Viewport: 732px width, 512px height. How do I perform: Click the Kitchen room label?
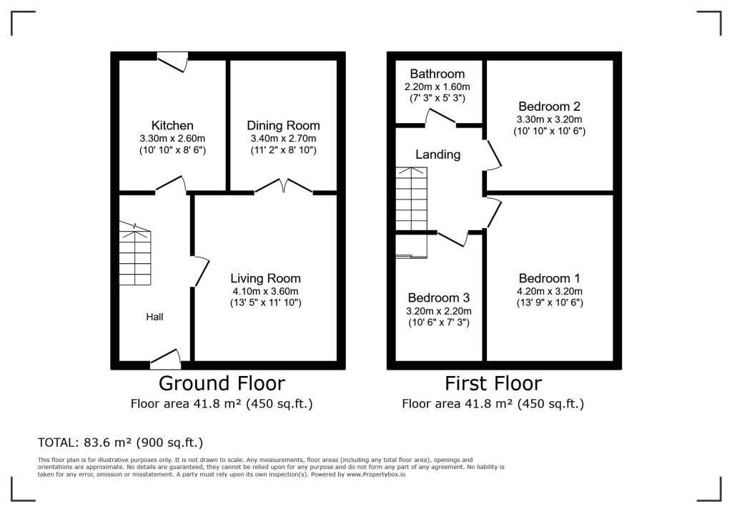tap(172, 126)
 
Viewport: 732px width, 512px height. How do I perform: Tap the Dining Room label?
tap(284, 126)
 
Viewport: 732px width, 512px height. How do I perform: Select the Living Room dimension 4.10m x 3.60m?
tap(265, 291)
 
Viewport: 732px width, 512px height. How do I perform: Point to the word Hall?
tap(155, 316)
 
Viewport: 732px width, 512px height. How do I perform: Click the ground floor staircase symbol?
tap(135, 255)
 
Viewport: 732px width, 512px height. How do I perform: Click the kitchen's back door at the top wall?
tap(173, 62)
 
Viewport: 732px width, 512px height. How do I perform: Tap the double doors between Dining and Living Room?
tap(284, 187)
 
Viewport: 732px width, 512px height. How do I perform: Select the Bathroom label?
tap(437, 74)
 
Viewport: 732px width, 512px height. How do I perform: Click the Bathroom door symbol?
tap(441, 118)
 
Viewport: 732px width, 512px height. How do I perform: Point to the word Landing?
tap(438, 154)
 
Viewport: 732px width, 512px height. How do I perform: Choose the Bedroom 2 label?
tap(549, 107)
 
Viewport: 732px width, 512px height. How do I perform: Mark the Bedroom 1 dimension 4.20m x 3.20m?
tap(550, 291)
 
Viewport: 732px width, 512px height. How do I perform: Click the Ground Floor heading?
tap(222, 383)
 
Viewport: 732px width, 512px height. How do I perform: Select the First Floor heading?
tap(493, 383)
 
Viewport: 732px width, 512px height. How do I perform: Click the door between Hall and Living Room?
tap(200, 272)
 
